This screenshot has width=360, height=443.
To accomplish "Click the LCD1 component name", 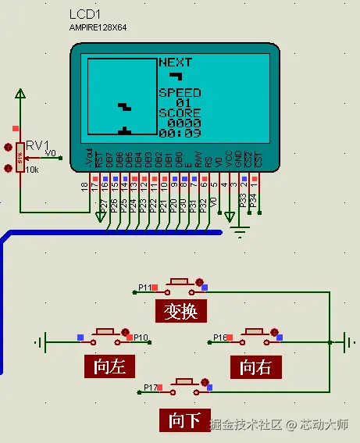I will [x=85, y=15].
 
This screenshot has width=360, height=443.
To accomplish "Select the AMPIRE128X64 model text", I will [x=98, y=27].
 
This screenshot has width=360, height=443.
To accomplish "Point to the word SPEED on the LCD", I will [x=180, y=92].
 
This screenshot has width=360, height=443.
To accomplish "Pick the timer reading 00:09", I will [x=180, y=133].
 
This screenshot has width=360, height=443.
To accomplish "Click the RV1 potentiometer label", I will [x=37, y=145].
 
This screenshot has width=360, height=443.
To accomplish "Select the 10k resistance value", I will [x=32, y=170].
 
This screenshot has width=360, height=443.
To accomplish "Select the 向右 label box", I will [x=255, y=366].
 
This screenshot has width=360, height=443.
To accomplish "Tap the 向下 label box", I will [x=185, y=420].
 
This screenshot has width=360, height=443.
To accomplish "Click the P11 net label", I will [x=145, y=288].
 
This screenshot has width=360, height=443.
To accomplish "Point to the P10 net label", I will [x=141, y=338].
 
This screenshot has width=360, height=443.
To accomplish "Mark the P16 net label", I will [x=220, y=338].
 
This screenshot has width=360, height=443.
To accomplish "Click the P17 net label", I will [x=151, y=387].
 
